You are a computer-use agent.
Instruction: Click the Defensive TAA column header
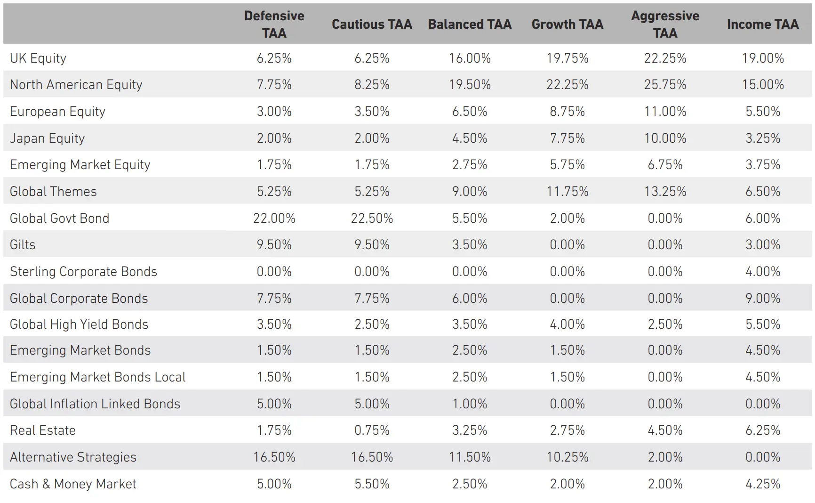pos(274,24)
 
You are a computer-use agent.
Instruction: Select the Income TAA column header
pos(762,24)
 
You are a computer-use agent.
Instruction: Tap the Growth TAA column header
pos(567,24)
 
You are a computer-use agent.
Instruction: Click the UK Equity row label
pos(38,58)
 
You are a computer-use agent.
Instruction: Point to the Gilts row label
pos(23,244)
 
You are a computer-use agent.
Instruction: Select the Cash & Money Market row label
pos(73,484)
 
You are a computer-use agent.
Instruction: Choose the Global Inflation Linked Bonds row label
pos(95,404)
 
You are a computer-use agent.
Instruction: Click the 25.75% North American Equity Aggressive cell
pos(665,84)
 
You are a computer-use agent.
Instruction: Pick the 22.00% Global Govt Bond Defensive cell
pos(274,218)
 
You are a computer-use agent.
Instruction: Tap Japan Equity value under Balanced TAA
pos(470,138)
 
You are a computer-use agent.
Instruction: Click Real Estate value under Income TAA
pos(762,430)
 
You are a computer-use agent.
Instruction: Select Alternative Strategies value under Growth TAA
pos(567,457)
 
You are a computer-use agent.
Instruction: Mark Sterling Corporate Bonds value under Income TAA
pos(762,271)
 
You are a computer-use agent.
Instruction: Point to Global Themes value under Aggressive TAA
pos(665,191)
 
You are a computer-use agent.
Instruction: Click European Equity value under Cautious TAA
pos(372,111)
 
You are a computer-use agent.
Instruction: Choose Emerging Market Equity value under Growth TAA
pos(567,164)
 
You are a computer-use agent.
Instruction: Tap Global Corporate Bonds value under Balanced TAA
pos(470,298)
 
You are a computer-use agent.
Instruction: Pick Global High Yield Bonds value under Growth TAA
pos(567,324)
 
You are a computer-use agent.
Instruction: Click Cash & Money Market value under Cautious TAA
pos(372,484)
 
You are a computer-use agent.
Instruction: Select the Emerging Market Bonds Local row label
pos(98,377)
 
